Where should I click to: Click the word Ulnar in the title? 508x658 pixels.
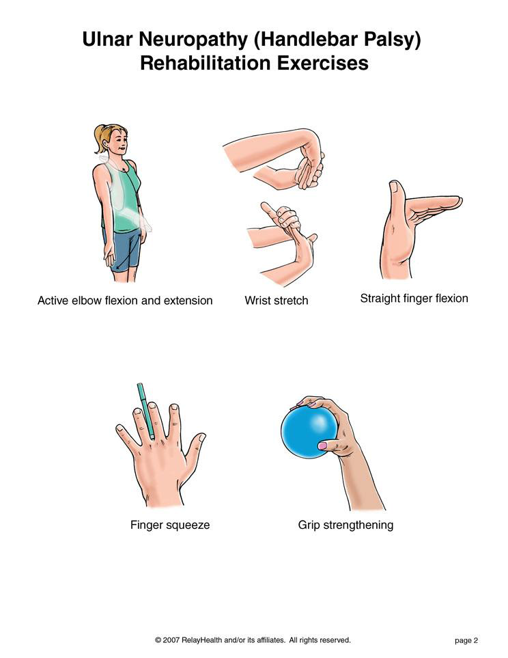[x=108, y=39]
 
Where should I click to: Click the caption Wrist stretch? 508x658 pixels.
[x=276, y=301]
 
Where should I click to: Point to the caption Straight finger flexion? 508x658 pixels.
[x=414, y=299]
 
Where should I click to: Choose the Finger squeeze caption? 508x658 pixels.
[x=170, y=525]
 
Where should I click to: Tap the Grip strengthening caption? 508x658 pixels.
[x=345, y=525]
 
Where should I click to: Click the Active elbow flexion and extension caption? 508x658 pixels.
[x=125, y=301]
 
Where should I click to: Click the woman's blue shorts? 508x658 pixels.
[x=122, y=249]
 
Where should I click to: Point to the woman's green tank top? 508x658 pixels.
[x=122, y=197]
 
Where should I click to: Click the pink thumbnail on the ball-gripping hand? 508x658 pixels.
[x=322, y=445]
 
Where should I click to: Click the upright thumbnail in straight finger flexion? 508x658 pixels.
[x=394, y=187]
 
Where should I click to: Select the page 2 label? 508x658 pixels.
[x=466, y=640]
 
